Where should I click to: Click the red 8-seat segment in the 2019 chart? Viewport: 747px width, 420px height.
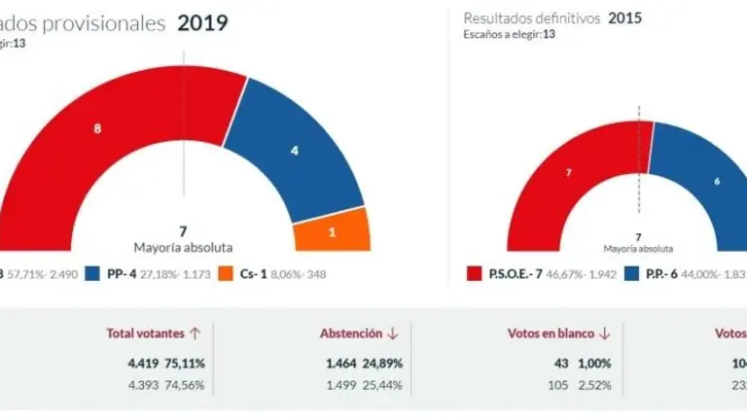click(x=97, y=129)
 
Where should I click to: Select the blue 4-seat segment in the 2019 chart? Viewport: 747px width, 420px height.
click(x=295, y=151)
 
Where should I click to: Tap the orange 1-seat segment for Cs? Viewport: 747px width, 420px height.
click(x=332, y=231)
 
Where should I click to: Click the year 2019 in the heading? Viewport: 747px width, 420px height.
click(x=202, y=23)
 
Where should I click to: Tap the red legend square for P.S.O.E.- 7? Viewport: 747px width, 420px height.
click(x=474, y=274)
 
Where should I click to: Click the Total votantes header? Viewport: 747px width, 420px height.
click(x=145, y=333)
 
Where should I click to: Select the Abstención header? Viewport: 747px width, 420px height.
click(x=351, y=333)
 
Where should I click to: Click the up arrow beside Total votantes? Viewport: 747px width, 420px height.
click(x=195, y=333)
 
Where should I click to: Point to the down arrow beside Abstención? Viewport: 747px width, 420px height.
click(x=393, y=333)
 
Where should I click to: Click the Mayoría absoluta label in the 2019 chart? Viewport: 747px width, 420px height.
click(x=183, y=247)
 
